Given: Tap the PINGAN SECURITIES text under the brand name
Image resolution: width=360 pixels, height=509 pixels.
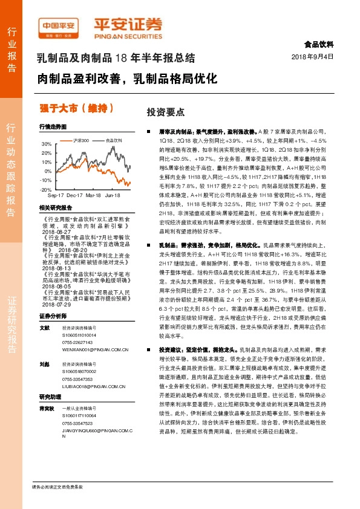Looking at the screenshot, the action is pyautogui.click(x=128, y=35).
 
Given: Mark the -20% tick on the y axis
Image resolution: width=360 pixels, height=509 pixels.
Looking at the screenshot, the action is pyautogui.click(x=46, y=189).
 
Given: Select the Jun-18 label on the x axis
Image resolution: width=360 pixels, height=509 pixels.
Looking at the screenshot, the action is pyautogui.click(x=112, y=196).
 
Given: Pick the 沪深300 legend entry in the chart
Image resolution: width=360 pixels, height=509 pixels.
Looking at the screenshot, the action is pyautogui.click(x=79, y=140).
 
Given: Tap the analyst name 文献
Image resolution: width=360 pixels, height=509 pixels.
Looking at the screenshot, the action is pyautogui.click(x=44, y=328).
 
